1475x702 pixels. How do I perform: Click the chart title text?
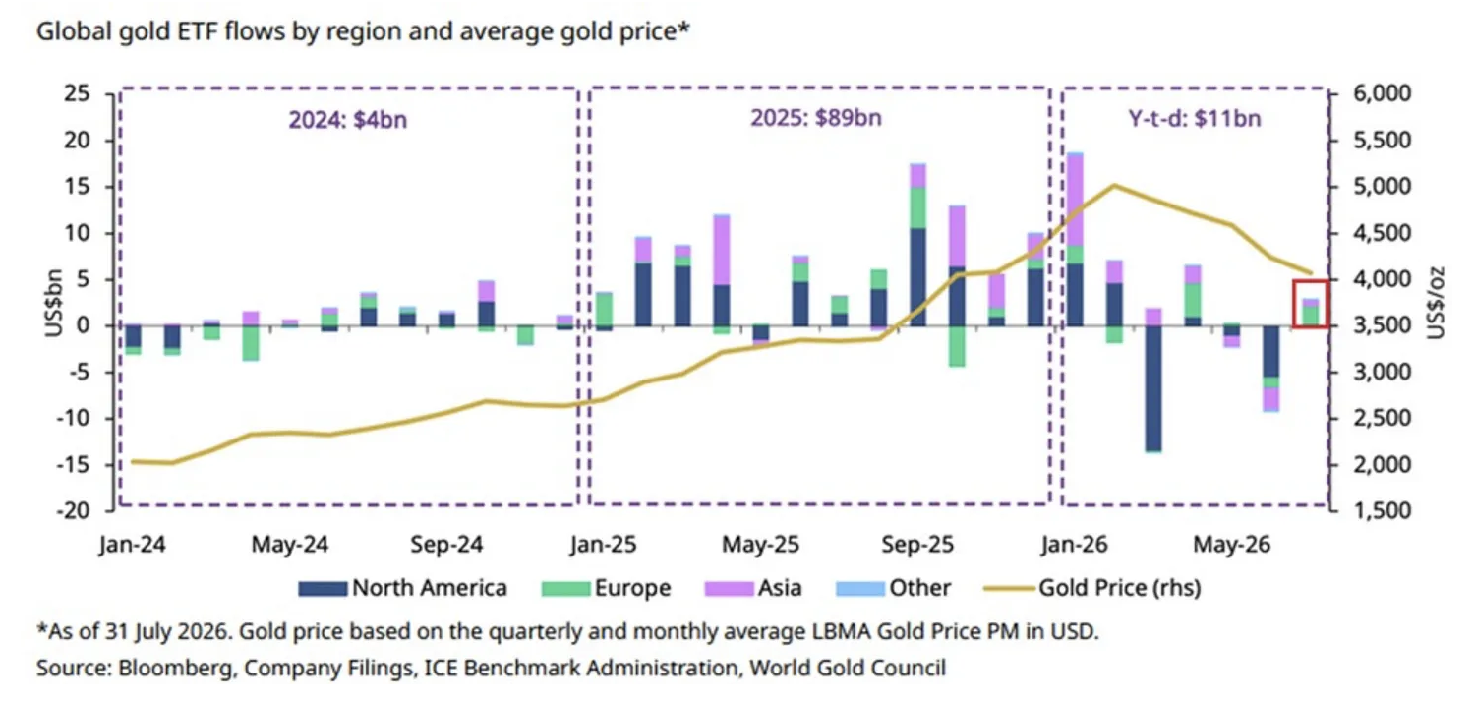point(363,30)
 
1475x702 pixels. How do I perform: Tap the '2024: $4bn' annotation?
point(348,120)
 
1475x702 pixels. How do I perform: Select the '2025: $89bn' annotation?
point(816,118)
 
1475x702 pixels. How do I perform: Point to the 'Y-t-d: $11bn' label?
point(1195,119)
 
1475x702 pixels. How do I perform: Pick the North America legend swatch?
point(322,588)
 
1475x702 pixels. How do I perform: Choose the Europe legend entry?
point(606,588)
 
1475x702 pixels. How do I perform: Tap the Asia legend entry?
point(752,588)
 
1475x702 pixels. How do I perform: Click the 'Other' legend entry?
point(893,588)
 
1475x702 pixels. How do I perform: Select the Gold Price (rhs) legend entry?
point(1092,588)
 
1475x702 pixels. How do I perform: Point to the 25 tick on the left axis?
point(77,93)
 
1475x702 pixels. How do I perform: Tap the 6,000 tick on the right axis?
point(1383,93)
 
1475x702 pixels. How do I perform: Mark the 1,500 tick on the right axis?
point(1383,511)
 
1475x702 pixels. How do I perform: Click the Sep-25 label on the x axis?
point(917,545)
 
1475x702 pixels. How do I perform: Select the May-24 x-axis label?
point(290,545)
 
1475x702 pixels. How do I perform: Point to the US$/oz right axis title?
point(1437,302)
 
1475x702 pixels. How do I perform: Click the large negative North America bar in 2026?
point(1153,388)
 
